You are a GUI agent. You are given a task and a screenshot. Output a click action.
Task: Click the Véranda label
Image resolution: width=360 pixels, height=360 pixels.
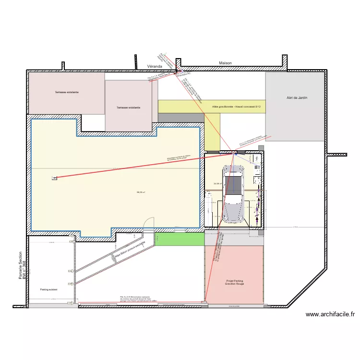tap(155, 66)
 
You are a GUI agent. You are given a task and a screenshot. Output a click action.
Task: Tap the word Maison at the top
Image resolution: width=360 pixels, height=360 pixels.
tap(225, 63)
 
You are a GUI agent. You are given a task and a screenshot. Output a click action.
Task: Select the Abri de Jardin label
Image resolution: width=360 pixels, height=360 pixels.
tap(296, 98)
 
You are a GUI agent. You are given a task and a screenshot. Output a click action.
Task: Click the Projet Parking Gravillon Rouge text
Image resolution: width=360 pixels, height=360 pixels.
tap(234, 283)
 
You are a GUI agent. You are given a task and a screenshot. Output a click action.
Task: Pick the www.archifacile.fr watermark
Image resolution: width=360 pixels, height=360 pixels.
tap(330, 315)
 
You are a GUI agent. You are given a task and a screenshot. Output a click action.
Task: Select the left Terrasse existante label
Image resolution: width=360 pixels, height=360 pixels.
tap(66, 92)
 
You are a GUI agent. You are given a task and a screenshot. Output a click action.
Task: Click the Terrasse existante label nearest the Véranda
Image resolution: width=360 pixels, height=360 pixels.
tap(128, 108)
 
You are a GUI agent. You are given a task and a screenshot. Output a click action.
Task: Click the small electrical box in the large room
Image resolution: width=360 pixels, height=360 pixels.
tap(54, 178)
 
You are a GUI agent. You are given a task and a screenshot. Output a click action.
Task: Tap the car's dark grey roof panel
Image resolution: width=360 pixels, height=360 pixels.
tap(234, 185)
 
